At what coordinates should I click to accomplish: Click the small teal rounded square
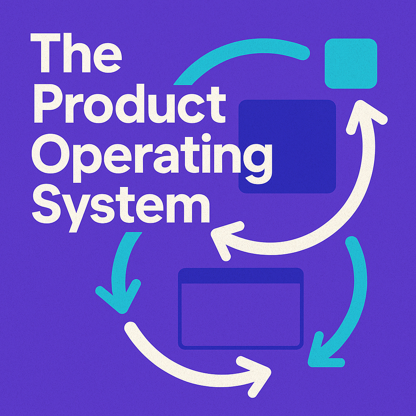coord(351,63)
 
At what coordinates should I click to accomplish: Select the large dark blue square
coord(287,146)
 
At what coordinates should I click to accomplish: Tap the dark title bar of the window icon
coord(241,276)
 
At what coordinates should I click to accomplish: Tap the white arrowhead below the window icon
coord(256,372)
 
